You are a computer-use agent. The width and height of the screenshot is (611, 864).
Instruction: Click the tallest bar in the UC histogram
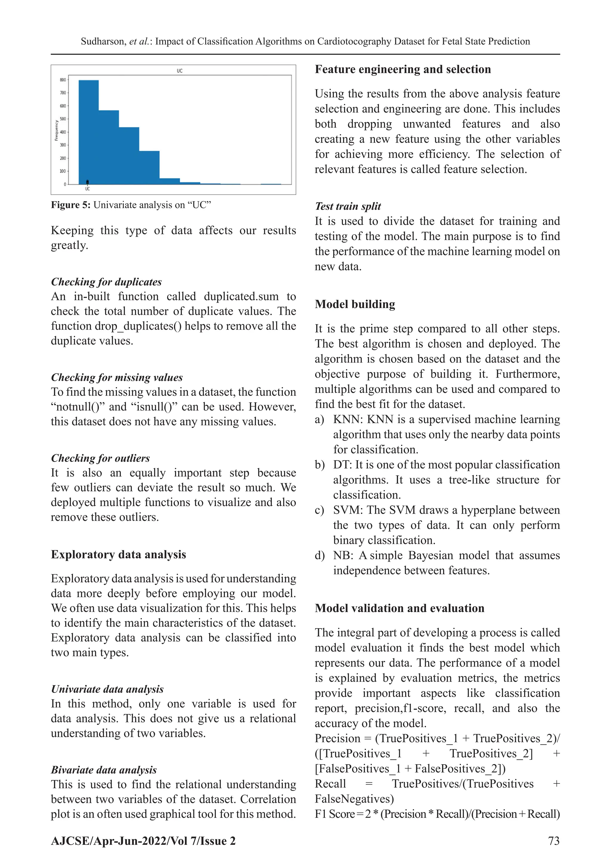coord(89,132)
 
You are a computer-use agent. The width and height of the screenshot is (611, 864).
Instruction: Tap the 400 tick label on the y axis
coord(63,132)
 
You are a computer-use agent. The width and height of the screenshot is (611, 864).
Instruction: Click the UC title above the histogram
coord(180,71)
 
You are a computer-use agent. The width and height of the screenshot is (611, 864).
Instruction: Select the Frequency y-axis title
coord(56,130)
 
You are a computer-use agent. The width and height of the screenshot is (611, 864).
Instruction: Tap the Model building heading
coord(355,304)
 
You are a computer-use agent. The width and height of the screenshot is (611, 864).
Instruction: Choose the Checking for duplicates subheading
coord(106,282)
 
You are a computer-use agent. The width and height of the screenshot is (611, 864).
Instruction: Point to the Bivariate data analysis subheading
coord(104,770)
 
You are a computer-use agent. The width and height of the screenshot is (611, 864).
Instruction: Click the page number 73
coord(554,841)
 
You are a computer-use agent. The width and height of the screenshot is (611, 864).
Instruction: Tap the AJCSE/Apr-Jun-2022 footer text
coord(143,841)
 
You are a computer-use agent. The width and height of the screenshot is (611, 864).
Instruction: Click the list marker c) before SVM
coord(320,510)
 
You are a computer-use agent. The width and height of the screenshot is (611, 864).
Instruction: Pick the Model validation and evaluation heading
coord(399,608)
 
